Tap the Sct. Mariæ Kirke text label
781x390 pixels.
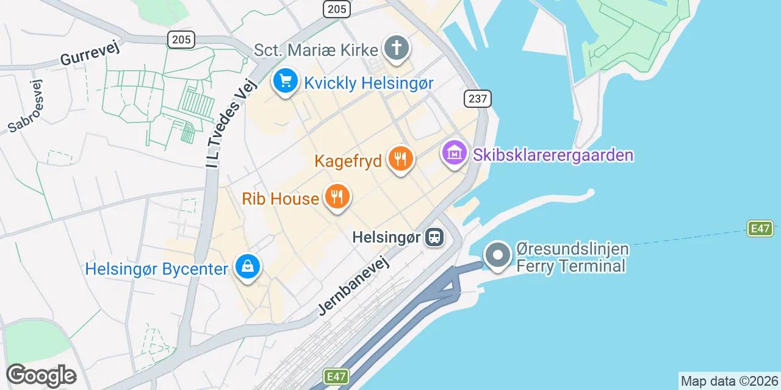(316, 49)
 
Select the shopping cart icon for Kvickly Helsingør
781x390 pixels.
(285, 81)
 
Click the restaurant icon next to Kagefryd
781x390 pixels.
(400, 159)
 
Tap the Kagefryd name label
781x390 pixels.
(348, 161)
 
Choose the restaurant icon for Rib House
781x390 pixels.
(336, 196)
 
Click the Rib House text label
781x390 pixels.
(280, 199)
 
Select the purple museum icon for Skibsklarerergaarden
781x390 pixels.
(455, 153)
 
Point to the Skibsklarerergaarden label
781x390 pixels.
(553, 155)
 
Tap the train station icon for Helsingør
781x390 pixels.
(434, 236)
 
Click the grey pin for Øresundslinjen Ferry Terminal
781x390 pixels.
(498, 255)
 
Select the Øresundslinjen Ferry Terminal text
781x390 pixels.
(572, 258)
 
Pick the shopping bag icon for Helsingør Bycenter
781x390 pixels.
(247, 267)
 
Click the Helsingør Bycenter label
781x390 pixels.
(157, 269)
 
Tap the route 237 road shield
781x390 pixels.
(477, 98)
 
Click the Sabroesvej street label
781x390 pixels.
(26, 106)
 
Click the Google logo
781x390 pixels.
(41, 375)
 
